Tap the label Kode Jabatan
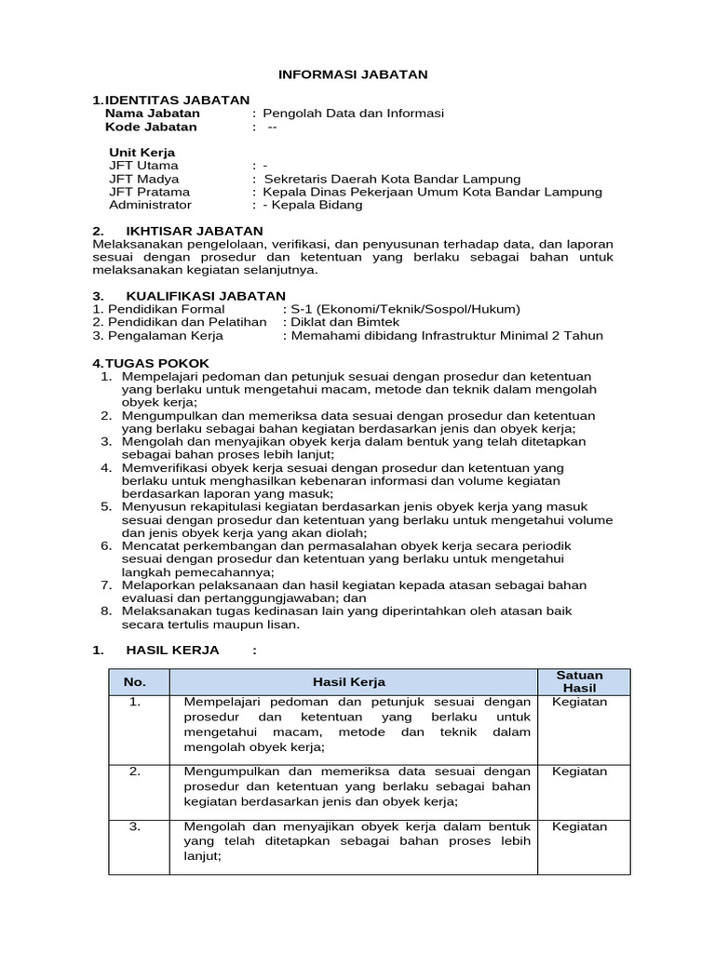pyautogui.click(x=151, y=128)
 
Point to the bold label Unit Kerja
pyautogui.click(x=142, y=153)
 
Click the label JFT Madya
pyautogui.click(x=144, y=179)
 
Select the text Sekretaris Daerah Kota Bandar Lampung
pyautogui.click(x=392, y=179)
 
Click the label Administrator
pyautogui.click(x=150, y=205)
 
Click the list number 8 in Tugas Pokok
pyautogui.click(x=106, y=611)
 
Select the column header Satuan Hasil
pyautogui.click(x=579, y=681)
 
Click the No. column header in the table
pyautogui.click(x=135, y=682)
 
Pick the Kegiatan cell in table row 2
pyautogui.click(x=579, y=772)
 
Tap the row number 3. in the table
pyautogui.click(x=135, y=826)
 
